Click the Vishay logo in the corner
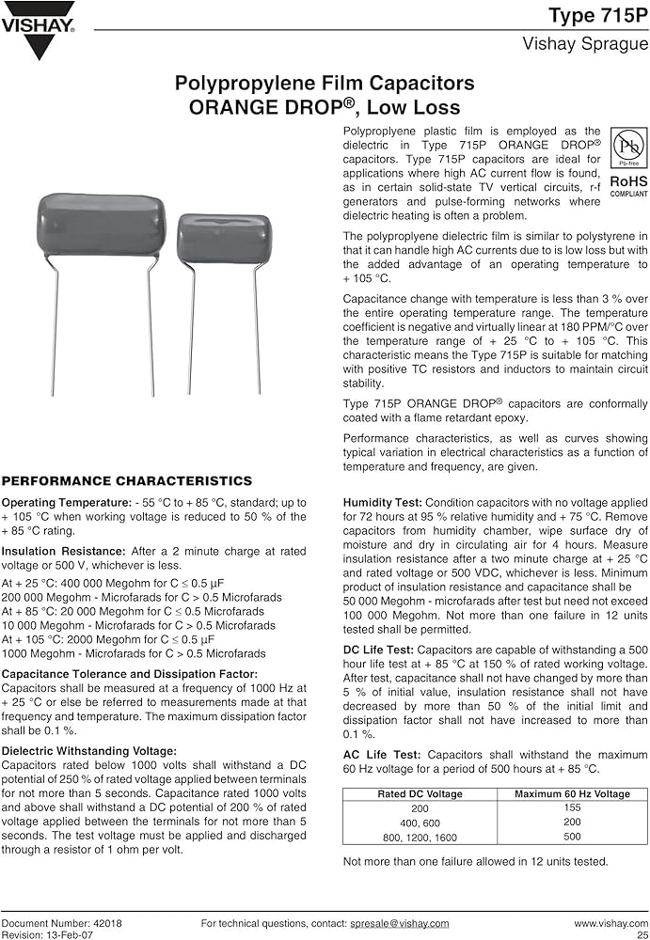tap(38, 28)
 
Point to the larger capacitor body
tap(102, 224)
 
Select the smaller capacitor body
tap(224, 239)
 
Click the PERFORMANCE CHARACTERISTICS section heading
tap(126, 481)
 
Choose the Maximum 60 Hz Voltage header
tap(572, 794)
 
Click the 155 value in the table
tap(572, 807)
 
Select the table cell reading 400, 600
tap(420, 822)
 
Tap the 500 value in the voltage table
tap(572, 837)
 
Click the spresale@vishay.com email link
tap(400, 924)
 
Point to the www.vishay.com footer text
tap(611, 924)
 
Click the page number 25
tap(642, 934)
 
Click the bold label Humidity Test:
tap(382, 504)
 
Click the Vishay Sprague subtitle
tap(585, 44)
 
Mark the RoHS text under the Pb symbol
tap(628, 181)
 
